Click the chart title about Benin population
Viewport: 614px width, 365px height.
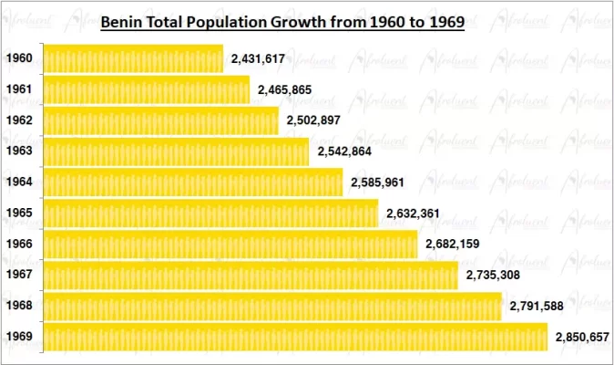(282, 20)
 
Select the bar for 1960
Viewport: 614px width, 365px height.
(133, 58)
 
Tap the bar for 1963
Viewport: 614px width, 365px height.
(176, 151)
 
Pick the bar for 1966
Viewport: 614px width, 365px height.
(230, 244)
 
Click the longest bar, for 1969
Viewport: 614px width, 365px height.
(295, 336)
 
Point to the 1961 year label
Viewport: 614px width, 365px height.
(19, 89)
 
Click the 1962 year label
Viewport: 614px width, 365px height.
(19, 120)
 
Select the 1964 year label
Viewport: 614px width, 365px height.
(19, 182)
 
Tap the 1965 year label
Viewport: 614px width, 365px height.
(19, 213)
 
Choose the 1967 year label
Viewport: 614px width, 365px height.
(19, 275)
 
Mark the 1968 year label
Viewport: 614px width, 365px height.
(19, 306)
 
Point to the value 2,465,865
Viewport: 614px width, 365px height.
(285, 89)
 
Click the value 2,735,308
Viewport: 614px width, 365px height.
(493, 275)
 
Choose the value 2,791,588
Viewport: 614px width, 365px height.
(537, 306)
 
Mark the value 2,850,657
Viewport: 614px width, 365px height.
(582, 337)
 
